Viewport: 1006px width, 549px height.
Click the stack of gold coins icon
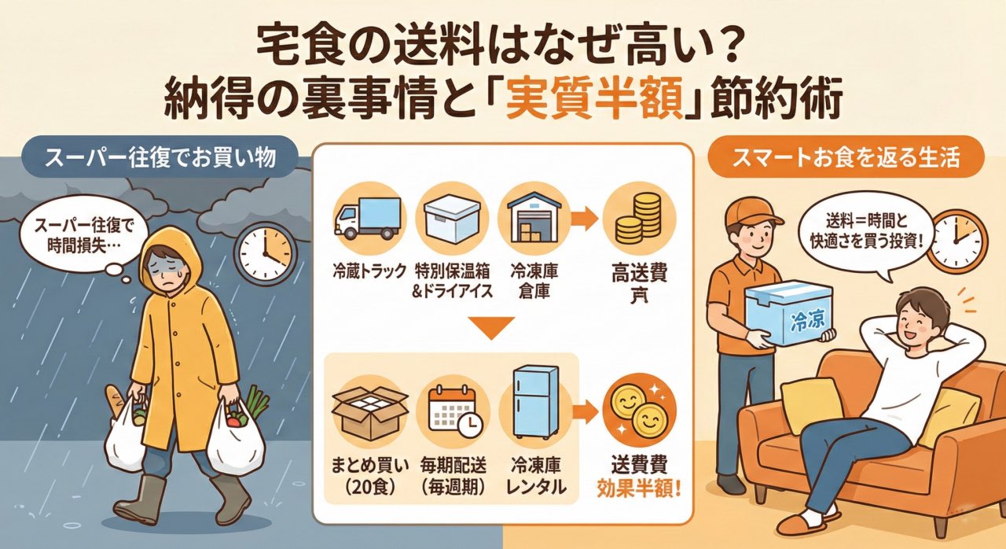point(635,218)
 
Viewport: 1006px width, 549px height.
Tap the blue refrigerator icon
point(534,406)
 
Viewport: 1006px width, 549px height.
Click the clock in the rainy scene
point(265,253)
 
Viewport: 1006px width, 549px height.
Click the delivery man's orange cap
point(751,212)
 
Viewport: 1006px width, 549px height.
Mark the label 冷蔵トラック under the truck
point(367,271)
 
